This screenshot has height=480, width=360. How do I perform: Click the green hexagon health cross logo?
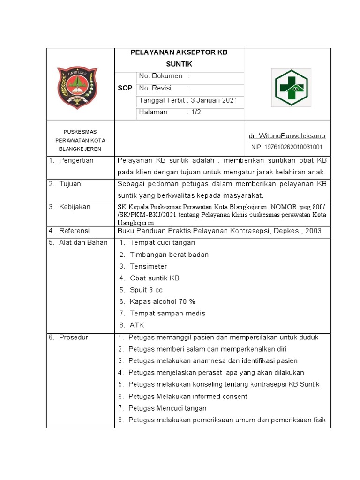(x=291, y=88)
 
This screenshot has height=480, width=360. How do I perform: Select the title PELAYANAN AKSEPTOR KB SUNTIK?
(x=179, y=58)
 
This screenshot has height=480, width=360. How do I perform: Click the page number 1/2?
(x=195, y=112)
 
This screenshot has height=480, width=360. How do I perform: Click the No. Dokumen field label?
(x=160, y=76)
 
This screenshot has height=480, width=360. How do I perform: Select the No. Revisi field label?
(x=155, y=88)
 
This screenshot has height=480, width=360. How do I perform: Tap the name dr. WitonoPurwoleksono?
(x=287, y=136)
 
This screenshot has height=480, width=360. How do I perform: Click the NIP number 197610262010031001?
(x=287, y=147)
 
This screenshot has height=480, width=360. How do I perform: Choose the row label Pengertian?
(x=76, y=160)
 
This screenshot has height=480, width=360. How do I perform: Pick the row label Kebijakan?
(x=75, y=207)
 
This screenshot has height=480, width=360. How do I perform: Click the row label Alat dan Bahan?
(x=83, y=242)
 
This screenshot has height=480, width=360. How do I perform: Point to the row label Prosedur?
(x=73, y=337)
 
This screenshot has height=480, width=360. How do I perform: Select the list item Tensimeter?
(x=148, y=266)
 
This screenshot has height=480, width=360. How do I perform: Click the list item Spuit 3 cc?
(x=146, y=290)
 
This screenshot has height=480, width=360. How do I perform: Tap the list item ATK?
(x=137, y=325)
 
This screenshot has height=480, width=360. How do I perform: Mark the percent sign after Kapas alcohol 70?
(x=192, y=301)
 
